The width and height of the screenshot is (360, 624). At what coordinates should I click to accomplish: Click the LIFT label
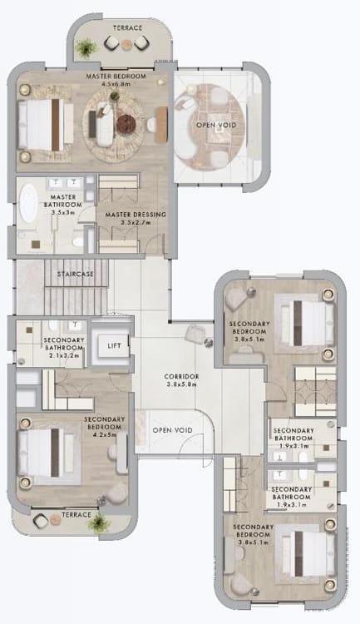(x=114, y=346)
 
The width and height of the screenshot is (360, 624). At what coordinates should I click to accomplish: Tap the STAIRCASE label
(x=75, y=275)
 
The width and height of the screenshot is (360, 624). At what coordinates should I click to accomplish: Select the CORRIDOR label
(x=181, y=376)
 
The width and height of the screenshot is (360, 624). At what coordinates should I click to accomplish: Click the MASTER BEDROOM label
(x=116, y=76)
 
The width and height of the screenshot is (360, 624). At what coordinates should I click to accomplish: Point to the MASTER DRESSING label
(x=136, y=215)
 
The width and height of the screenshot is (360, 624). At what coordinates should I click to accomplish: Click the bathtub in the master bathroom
(x=28, y=203)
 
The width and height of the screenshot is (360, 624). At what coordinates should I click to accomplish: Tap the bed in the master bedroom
(x=46, y=125)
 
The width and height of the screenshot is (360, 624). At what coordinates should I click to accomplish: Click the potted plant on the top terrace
(x=86, y=48)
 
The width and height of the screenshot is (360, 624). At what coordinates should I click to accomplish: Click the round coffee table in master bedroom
(x=126, y=124)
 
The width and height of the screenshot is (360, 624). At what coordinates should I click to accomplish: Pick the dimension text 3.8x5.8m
(x=181, y=384)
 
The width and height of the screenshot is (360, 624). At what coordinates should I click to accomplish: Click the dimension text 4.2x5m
(x=105, y=435)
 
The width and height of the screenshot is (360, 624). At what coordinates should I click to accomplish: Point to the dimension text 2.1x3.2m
(x=64, y=356)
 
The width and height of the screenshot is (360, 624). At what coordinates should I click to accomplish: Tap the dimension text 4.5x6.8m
(x=116, y=84)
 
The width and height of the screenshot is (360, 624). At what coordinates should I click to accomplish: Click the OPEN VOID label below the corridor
(x=173, y=430)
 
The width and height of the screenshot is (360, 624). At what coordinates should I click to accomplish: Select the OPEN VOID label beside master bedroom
(x=216, y=125)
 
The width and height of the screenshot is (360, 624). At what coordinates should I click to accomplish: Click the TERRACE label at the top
(x=128, y=27)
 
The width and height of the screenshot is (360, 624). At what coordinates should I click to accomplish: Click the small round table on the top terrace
(x=126, y=45)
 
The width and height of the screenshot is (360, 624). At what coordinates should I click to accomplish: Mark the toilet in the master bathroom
(x=78, y=241)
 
